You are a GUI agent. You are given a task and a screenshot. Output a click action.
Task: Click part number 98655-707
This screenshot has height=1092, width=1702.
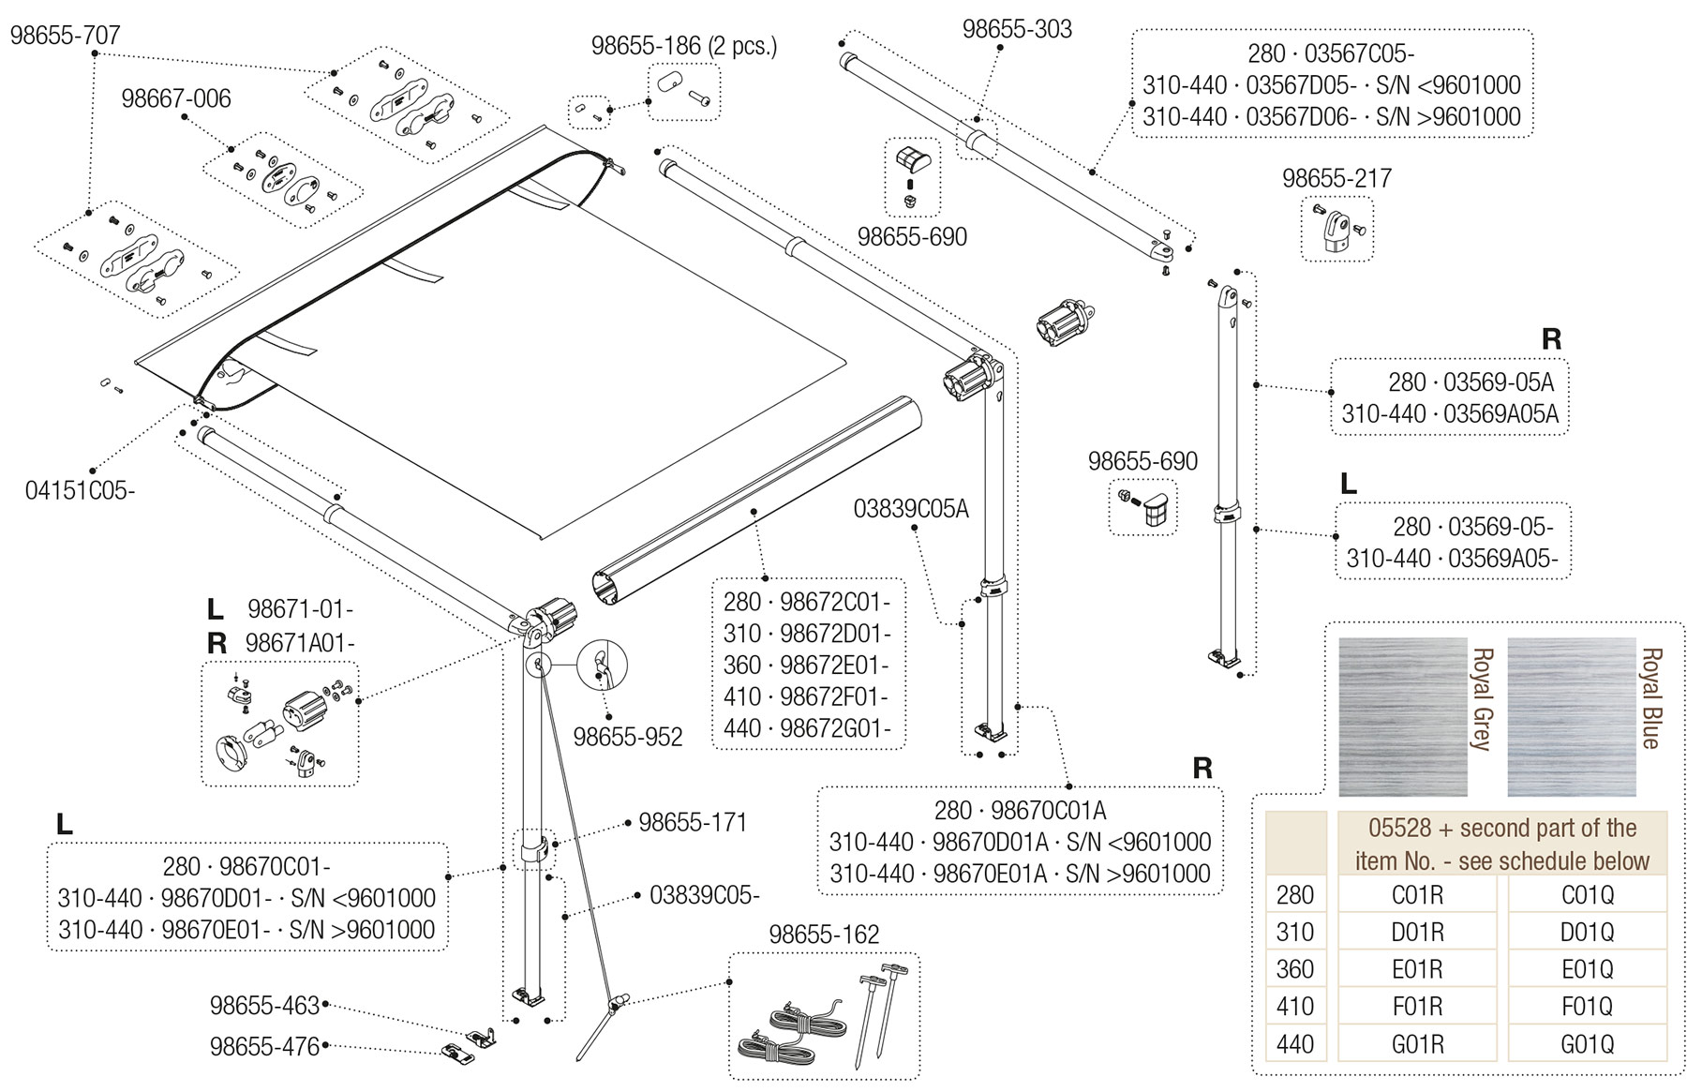66,36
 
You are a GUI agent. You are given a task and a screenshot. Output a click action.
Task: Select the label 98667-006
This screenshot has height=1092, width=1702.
176,98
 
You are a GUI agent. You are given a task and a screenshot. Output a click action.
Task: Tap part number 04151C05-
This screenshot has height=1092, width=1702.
81,490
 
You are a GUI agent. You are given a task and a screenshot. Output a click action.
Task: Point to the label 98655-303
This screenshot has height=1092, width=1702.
1017,29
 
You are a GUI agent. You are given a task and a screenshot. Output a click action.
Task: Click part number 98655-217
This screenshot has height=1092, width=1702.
1336,178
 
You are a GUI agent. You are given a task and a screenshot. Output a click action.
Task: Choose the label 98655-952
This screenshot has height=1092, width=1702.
628,737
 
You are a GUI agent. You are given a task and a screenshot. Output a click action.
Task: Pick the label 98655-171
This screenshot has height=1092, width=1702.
693,823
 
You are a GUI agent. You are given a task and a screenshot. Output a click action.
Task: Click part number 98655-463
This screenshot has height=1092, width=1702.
265,1006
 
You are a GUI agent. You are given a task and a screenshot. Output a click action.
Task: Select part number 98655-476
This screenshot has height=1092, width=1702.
265,1046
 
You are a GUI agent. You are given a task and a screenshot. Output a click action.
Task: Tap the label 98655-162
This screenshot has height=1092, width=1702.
824,935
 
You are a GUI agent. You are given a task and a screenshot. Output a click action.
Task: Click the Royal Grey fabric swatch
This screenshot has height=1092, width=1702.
1402,716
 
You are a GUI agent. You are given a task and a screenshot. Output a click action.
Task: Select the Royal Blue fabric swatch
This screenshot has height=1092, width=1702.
1571,716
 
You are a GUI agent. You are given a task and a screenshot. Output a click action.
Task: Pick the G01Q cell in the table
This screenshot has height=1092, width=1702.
1587,1043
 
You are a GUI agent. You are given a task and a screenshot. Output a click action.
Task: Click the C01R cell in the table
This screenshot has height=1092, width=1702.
1418,894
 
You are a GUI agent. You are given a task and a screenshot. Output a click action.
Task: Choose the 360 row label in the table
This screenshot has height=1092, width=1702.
1295,969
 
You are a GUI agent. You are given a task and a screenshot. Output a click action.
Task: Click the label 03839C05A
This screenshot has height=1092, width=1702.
911,509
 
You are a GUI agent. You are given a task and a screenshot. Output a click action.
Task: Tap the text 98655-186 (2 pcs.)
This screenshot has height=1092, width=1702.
684,46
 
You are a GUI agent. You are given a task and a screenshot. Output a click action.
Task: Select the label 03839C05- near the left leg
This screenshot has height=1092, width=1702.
705,895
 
